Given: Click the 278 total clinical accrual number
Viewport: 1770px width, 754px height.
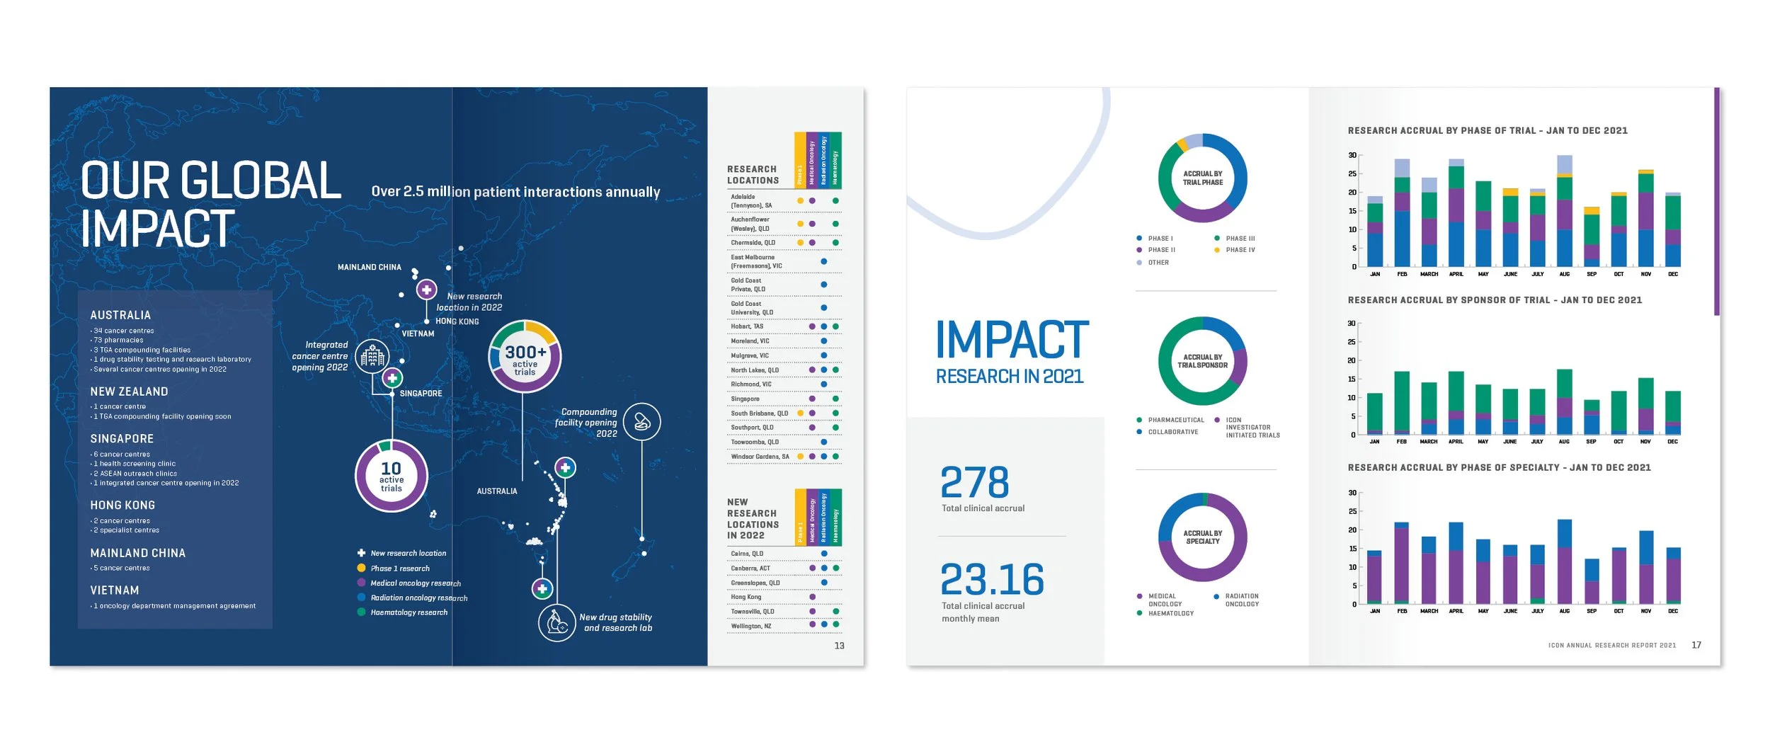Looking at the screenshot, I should [x=974, y=483].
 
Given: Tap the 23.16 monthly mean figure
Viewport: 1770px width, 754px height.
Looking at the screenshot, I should [x=992, y=580].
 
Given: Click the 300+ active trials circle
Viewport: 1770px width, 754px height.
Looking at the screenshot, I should [x=525, y=356].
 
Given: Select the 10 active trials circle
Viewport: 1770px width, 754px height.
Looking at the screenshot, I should [x=391, y=476].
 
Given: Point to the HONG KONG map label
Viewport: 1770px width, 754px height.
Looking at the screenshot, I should [x=457, y=321].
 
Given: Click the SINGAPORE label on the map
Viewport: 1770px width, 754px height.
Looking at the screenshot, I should [x=421, y=394].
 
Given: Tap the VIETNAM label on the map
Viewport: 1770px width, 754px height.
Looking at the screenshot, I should [x=418, y=333].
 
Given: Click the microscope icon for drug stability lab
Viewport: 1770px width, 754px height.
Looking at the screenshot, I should [x=556, y=623].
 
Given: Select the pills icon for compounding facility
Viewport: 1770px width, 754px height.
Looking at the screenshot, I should [x=641, y=422].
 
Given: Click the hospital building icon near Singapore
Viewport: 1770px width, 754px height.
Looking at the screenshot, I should [x=372, y=357].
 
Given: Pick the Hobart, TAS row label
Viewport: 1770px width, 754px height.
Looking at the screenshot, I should [x=747, y=326].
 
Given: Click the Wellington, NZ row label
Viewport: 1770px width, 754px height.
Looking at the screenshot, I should [x=750, y=626].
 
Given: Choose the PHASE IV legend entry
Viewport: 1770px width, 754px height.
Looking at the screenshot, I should [x=1240, y=250].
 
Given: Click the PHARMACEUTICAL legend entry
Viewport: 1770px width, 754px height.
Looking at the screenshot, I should [x=1175, y=420].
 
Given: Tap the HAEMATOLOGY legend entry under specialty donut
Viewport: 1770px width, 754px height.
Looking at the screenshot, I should [x=1170, y=613].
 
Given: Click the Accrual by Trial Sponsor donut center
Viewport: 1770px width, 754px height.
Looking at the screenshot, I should [x=1202, y=361].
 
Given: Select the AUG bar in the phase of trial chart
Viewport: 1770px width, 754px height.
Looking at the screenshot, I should [x=1564, y=212].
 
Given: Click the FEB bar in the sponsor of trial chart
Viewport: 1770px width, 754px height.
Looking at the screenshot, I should [x=1401, y=402].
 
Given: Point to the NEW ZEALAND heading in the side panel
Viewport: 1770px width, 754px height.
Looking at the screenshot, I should [x=129, y=392].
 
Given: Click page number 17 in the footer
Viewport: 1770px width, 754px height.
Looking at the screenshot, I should [x=1696, y=645].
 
